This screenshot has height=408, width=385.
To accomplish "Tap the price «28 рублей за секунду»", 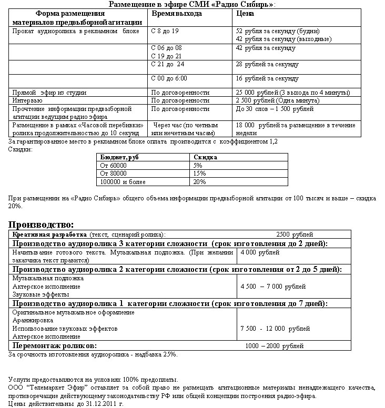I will tap(267, 64).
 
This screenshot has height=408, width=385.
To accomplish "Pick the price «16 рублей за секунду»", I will tap(267, 78).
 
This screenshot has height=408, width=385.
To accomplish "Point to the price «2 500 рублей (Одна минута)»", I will tap(277, 100).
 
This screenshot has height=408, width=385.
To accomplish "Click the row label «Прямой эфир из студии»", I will tap(49, 93).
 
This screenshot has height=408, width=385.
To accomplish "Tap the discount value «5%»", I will tap(198, 165).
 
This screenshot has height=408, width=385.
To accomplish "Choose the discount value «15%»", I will tap(199, 174).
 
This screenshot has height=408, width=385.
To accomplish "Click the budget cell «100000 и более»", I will tap(123, 182).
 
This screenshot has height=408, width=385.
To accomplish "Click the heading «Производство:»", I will tap(41, 225).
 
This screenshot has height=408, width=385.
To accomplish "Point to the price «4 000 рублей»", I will tap(260, 252).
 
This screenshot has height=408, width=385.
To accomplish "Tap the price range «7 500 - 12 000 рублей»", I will tap(275, 328).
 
